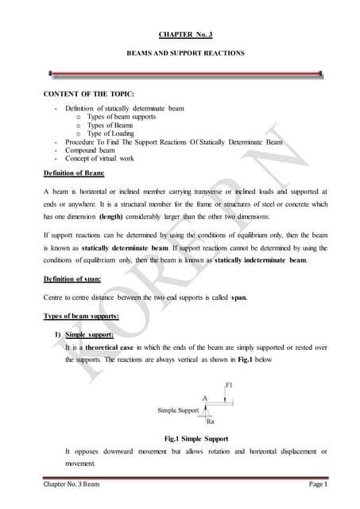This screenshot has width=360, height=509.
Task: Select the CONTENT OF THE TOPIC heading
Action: coord(88,97)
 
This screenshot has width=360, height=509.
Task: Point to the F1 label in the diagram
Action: coord(228,385)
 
